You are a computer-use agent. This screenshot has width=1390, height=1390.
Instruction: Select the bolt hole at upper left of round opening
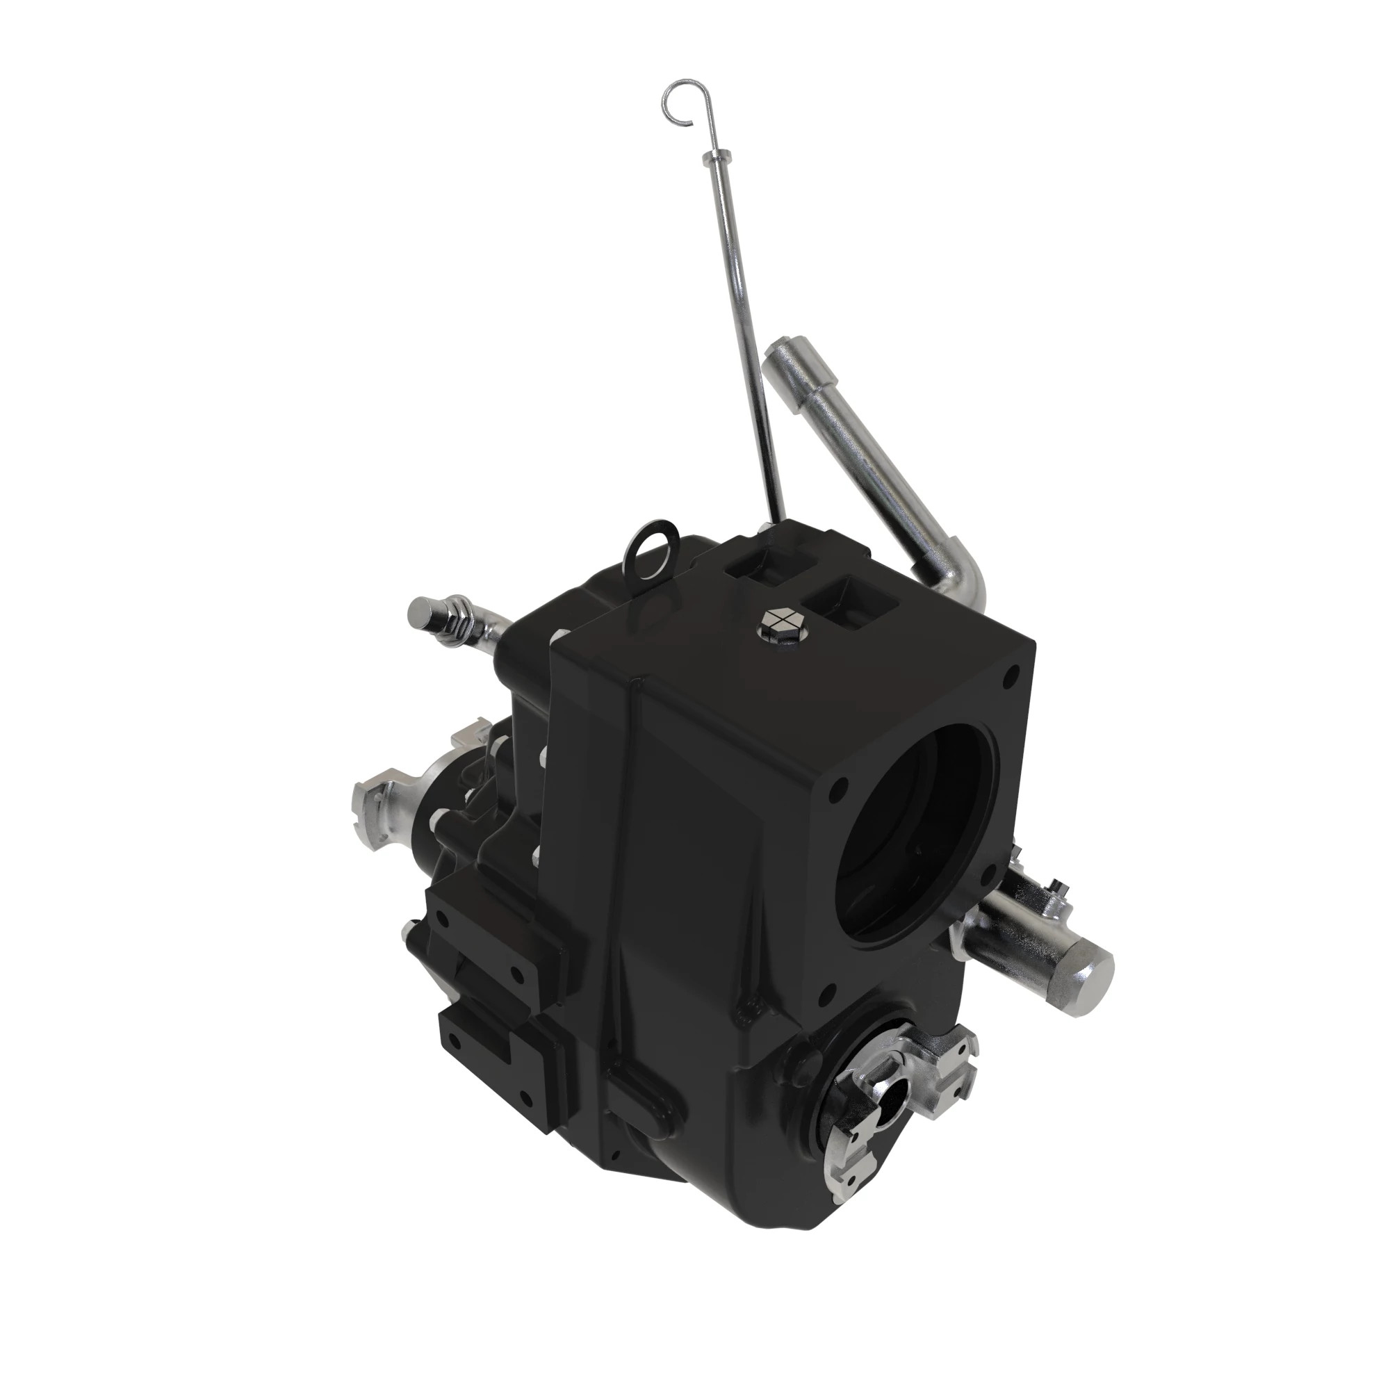(835, 796)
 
